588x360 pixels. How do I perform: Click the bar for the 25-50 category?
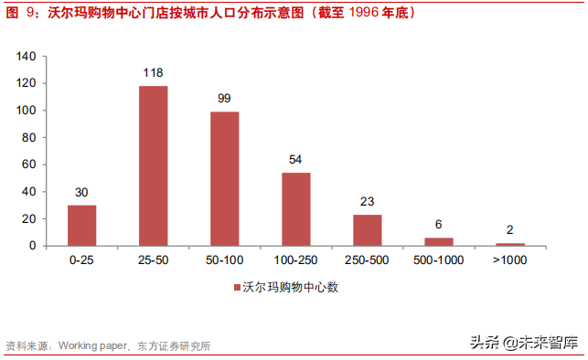153,165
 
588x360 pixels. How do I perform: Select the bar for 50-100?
224,178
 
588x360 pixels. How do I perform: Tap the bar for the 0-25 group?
81,225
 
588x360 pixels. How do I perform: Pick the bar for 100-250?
295,208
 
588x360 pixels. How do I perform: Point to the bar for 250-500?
367,229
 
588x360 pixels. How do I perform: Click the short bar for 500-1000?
439,241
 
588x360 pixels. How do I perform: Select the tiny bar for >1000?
510,244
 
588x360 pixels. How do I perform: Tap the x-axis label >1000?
510,261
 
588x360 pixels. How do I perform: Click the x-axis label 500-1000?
439,261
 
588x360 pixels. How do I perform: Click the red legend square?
235,287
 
